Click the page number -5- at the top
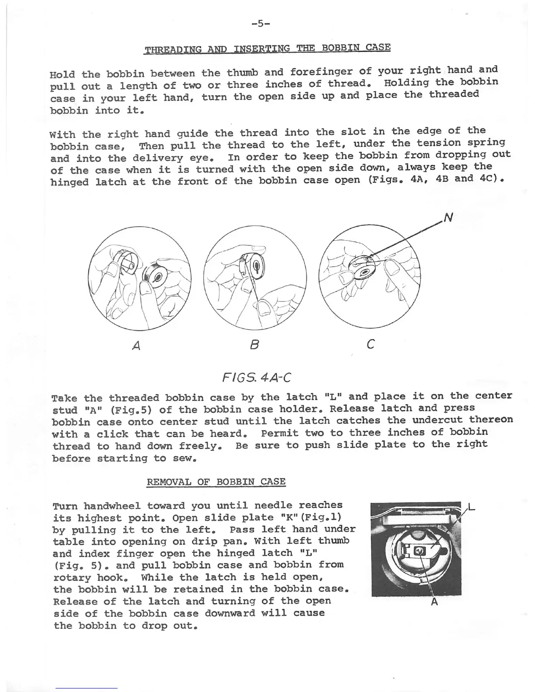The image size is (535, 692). coord(260,24)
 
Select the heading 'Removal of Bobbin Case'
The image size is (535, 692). coord(216,482)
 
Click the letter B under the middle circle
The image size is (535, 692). coord(255,345)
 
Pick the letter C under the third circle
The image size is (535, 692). coord(370,345)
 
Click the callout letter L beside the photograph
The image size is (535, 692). coord(472,508)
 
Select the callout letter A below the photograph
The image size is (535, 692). coord(434,602)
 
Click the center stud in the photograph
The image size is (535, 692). coord(420,552)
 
